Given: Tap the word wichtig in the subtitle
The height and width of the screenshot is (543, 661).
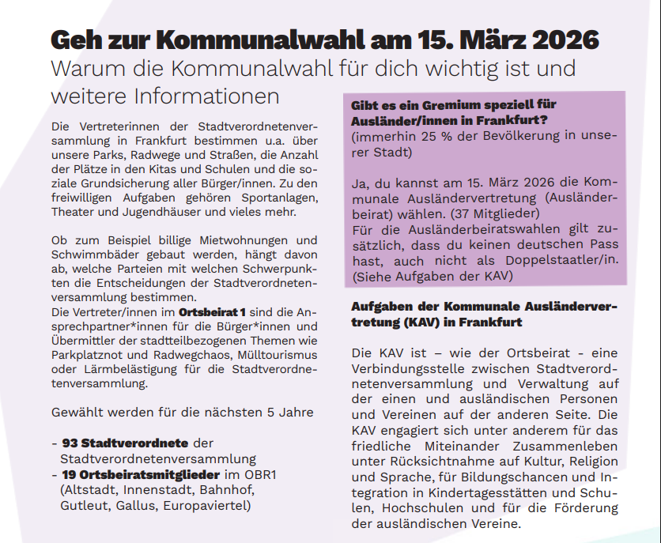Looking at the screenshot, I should (434, 67).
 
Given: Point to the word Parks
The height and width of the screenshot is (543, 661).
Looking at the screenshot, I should (113, 153).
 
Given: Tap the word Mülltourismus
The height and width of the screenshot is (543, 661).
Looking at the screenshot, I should (270, 355).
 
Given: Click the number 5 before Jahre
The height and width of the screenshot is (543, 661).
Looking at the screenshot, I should (271, 413).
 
